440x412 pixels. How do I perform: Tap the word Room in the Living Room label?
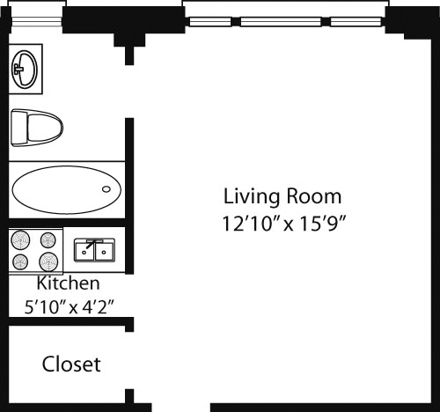tap(313, 196)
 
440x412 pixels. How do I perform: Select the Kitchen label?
tap(68, 284)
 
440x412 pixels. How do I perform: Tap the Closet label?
tap(71, 364)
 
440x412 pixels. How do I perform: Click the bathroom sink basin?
tap(25, 68)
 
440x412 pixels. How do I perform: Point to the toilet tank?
tap(17, 127)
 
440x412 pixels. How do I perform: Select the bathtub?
tap(66, 188)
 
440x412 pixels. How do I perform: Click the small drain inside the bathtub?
tap(107, 188)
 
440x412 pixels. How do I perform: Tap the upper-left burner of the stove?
tap(21, 238)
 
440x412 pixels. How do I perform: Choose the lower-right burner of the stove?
tap(49, 261)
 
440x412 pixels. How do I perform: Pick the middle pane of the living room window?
tap(280, 21)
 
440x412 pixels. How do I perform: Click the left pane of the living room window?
tap(209, 21)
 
